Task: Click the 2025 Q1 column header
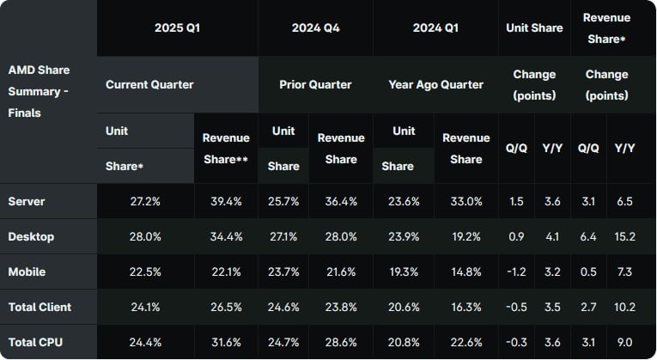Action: click(177, 28)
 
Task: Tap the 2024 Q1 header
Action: click(435, 28)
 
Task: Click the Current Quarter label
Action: click(149, 84)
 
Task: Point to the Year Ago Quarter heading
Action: click(436, 84)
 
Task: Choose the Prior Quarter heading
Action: click(315, 84)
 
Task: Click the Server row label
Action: click(27, 201)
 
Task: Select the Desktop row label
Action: click(30, 236)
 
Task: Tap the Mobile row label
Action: click(27, 272)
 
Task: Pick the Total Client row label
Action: click(40, 307)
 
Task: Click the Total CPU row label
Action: click(35, 342)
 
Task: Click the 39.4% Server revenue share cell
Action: click(226, 201)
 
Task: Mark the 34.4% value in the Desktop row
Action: click(226, 236)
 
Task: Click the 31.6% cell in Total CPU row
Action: click(226, 342)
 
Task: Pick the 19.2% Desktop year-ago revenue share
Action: click(466, 236)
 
